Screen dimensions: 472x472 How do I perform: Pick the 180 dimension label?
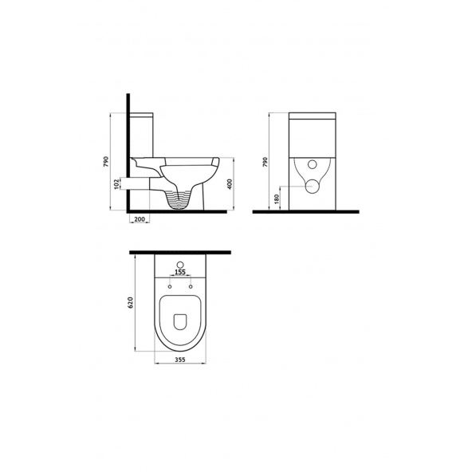tap(277, 199)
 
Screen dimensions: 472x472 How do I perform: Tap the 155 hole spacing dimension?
tap(179, 273)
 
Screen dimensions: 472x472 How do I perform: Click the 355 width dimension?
tap(181, 360)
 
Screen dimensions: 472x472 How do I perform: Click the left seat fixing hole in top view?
tap(169, 285)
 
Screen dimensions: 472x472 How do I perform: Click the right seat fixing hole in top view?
tap(191, 285)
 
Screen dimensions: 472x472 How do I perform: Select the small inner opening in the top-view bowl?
tap(180, 322)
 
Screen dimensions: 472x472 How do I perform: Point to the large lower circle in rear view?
tap(312, 187)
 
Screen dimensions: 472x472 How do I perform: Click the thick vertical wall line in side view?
tap(127, 151)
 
